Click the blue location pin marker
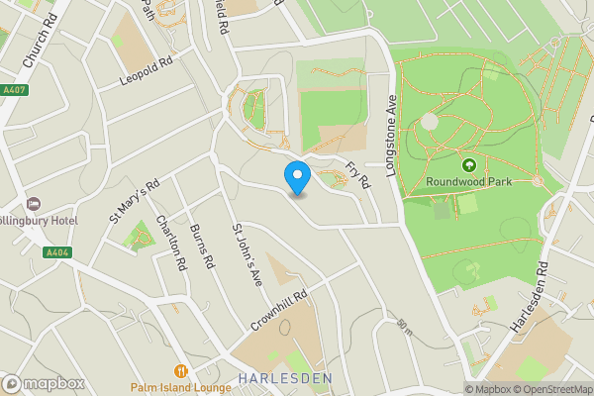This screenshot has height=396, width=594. pyautogui.click(x=297, y=177)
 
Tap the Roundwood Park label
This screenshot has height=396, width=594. pyautogui.click(x=468, y=182)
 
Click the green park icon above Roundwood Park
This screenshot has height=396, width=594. pyautogui.click(x=468, y=165)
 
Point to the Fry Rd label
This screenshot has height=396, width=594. pyautogui.click(x=356, y=173)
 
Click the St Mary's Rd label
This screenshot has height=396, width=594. pyautogui.click(x=136, y=201)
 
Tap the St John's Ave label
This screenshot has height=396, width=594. pyautogui.click(x=245, y=254)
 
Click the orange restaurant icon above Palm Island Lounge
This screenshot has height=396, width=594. pyautogui.click(x=180, y=371)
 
